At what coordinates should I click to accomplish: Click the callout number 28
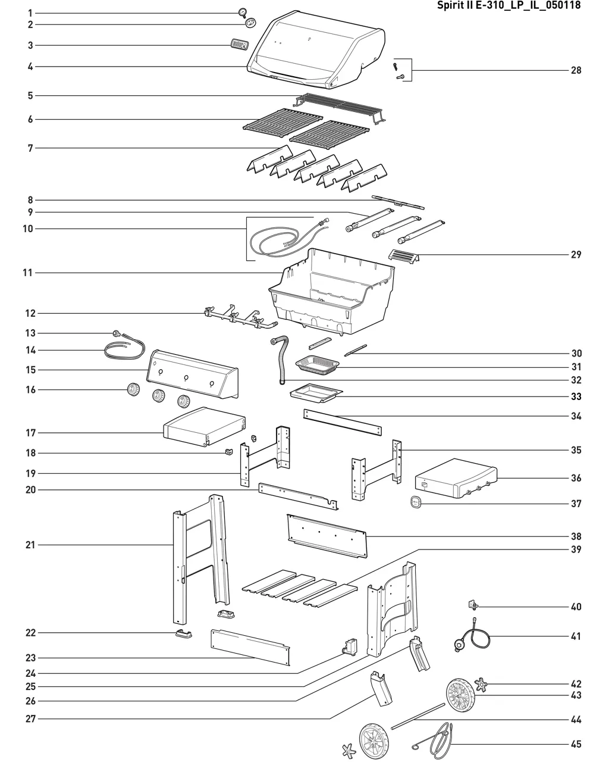[x=576, y=70]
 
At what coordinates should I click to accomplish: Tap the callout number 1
[x=30, y=13]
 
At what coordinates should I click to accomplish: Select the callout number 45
[x=576, y=744]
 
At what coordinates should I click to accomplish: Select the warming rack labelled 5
[x=339, y=107]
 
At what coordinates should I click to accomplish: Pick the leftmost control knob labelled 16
[x=133, y=391]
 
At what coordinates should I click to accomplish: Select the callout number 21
[x=30, y=545]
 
